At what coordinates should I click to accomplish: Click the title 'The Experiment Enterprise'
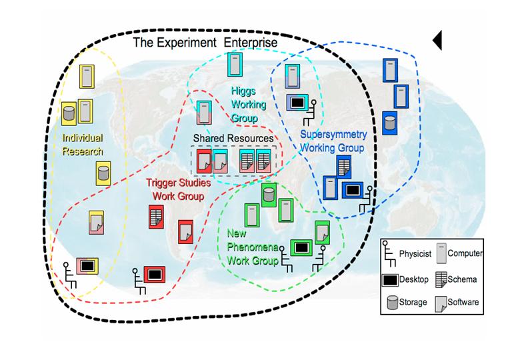coord(205,43)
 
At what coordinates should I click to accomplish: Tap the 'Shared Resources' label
coord(233,138)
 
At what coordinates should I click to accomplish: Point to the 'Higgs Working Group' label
coord(248,105)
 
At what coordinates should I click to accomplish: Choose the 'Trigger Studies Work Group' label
coord(178,189)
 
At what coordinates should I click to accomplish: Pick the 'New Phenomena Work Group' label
coord(252,247)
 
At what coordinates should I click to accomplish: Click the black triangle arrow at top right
coord(437,40)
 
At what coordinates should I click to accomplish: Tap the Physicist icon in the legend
coord(389,254)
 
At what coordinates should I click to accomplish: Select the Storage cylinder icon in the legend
coord(393,302)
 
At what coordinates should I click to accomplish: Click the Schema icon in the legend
coord(441,279)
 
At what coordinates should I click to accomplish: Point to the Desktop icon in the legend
coord(391,279)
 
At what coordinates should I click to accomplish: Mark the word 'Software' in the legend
coord(464,302)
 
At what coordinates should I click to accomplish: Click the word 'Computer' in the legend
coord(465,253)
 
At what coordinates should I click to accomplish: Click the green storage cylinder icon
coord(269,195)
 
